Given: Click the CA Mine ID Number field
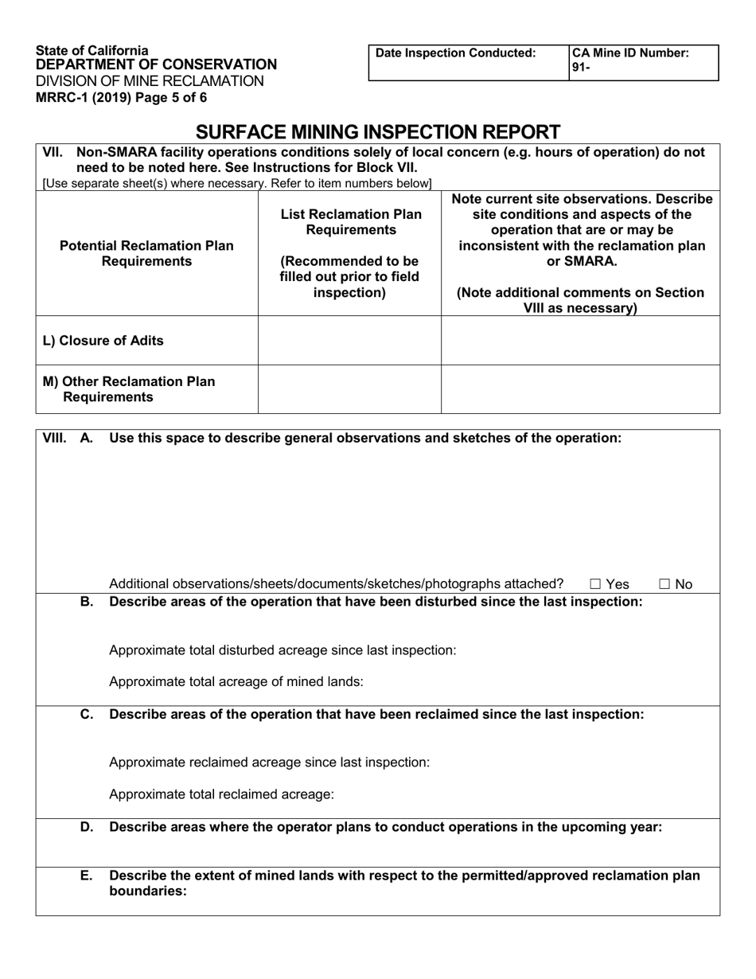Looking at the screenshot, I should (x=644, y=61).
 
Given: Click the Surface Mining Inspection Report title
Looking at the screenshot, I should (x=378, y=131).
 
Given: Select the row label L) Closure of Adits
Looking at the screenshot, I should (x=103, y=341).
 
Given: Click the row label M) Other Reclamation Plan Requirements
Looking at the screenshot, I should (x=127, y=389).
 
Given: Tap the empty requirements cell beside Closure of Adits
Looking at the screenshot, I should (x=349, y=341).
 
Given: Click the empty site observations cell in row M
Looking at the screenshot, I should (x=580, y=389).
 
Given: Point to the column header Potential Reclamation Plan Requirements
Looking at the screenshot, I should (x=147, y=253).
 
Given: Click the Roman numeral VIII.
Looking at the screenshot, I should (x=54, y=438).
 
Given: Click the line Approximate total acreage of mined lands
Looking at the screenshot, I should (x=236, y=681).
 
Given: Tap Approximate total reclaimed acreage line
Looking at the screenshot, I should (x=221, y=794).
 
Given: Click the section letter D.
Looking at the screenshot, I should (x=87, y=827).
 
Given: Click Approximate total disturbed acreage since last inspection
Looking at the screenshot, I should (x=283, y=649).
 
